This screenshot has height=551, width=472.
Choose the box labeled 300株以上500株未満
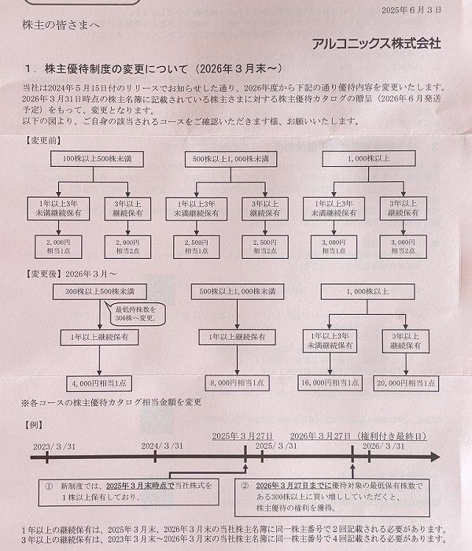click(x=95, y=292)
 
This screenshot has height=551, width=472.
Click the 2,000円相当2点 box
click(x=128, y=247)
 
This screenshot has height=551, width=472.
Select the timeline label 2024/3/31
click(x=162, y=446)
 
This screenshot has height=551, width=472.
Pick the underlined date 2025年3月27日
click(x=242, y=436)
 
